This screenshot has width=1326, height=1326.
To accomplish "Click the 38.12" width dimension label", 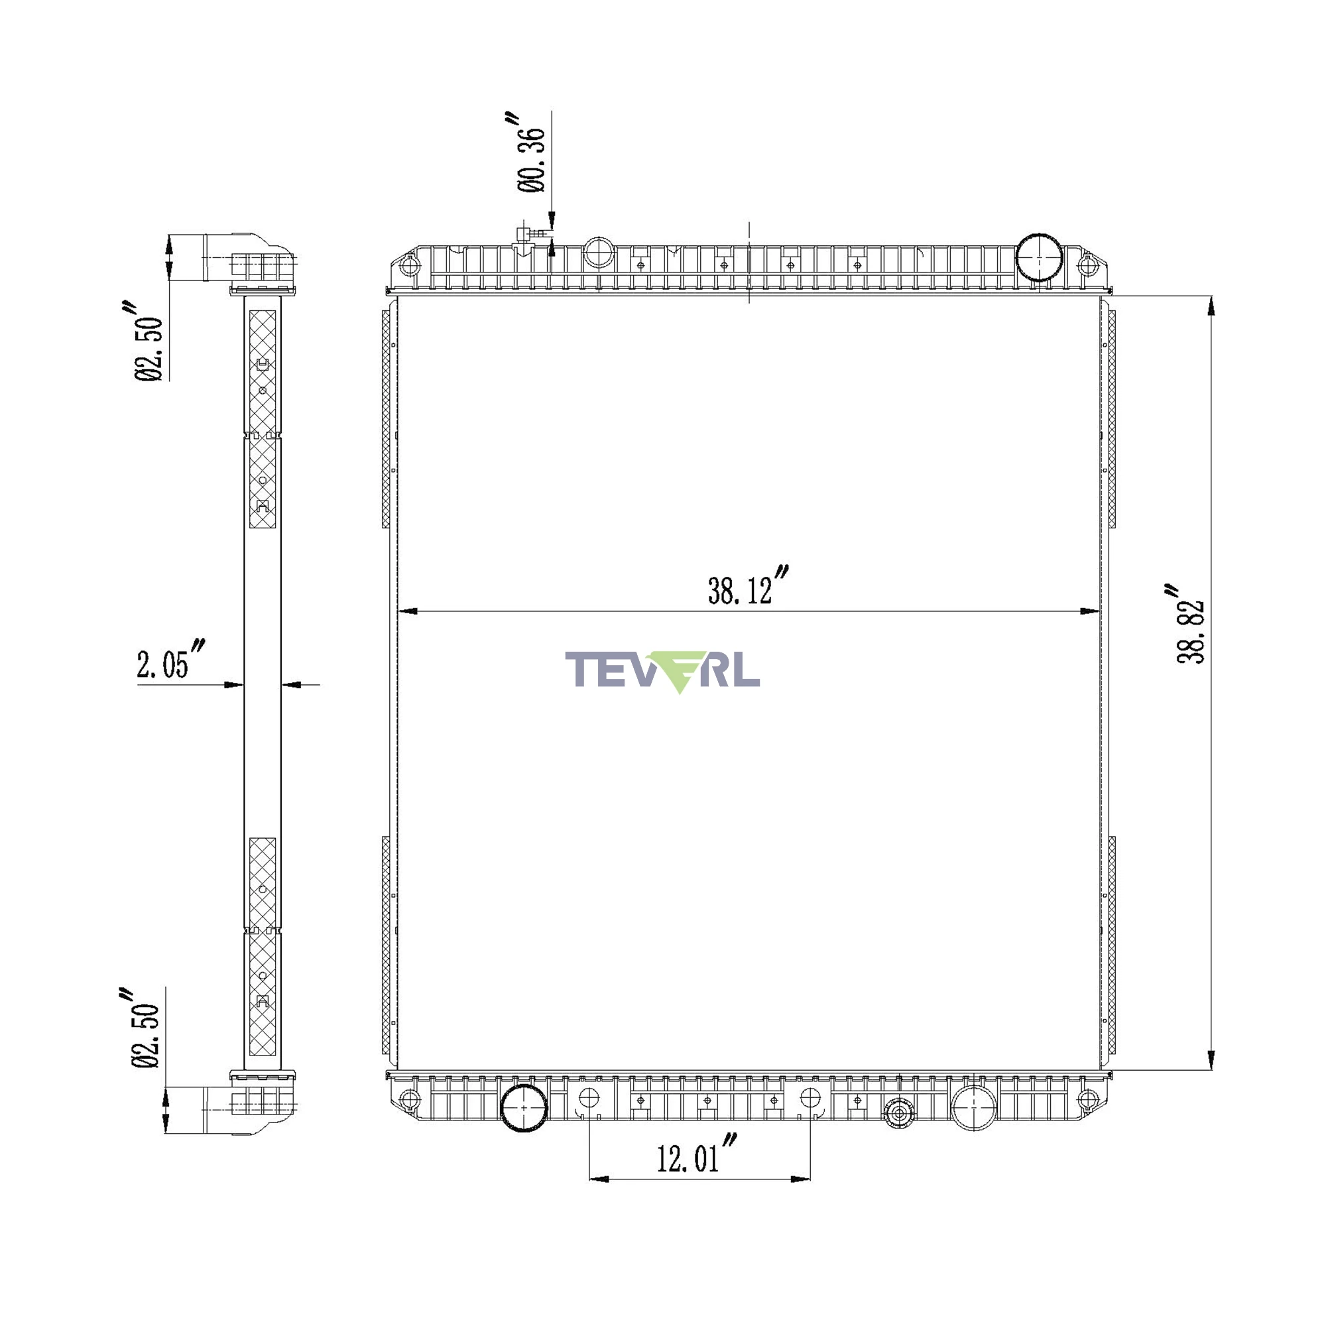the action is tap(748, 587).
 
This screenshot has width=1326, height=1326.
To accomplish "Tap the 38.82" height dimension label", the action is tap(1189, 624).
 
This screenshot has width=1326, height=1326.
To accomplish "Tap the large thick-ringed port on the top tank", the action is tap(1038, 257).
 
